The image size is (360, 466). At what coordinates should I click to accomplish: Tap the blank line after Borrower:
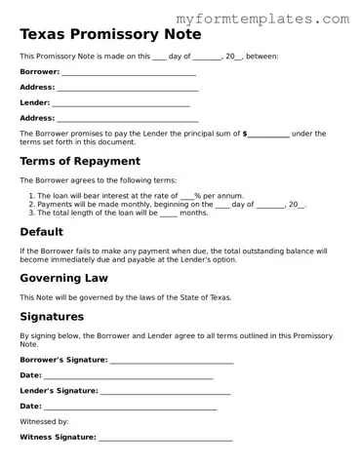128,73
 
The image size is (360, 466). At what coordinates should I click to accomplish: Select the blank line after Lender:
121,103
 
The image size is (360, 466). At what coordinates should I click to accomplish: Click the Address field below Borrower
127,89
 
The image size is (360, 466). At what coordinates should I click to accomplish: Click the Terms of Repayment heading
80,161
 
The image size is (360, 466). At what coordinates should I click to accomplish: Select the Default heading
42,232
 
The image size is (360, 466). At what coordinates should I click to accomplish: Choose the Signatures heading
52,317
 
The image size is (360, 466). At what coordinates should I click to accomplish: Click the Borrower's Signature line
172,361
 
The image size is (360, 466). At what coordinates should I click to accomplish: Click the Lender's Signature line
165,392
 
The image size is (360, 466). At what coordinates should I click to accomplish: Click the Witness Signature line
165,439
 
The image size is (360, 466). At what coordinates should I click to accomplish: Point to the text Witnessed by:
44,422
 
